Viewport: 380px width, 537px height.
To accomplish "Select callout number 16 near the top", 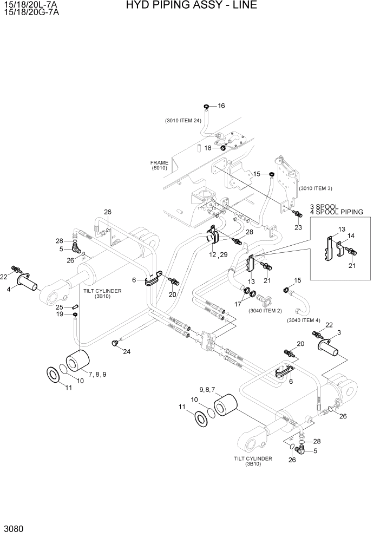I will [x=221, y=106].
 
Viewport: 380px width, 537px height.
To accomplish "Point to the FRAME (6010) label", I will [x=160, y=166].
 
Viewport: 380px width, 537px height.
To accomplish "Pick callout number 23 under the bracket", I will [x=298, y=228].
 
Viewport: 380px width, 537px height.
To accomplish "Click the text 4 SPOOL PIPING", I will [x=336, y=212].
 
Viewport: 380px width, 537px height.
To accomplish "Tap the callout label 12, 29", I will [x=218, y=254].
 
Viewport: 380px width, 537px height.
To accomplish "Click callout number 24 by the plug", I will [x=127, y=352].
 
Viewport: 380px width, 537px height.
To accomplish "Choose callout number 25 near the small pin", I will [x=60, y=307].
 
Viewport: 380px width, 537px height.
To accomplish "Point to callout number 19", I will [x=60, y=315].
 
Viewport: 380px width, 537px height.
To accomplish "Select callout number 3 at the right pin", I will [x=338, y=332].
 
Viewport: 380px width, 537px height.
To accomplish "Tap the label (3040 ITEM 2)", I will [x=265, y=311].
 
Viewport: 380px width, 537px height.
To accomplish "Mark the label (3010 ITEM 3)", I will [x=315, y=188].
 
